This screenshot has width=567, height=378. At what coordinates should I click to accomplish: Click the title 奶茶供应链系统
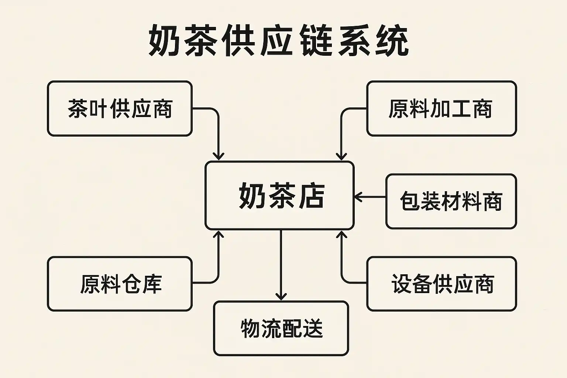[279, 41]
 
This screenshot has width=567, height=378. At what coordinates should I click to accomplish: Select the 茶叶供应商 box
[120, 109]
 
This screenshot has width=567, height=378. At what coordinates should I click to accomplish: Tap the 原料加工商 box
[441, 109]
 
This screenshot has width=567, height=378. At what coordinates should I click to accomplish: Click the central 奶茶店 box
[279, 196]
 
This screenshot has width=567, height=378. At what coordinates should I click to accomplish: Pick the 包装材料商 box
[451, 201]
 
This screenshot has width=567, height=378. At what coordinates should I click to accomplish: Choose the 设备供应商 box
[441, 283]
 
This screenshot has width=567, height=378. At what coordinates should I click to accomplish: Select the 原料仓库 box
[120, 283]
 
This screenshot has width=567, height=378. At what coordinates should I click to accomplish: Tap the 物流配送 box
[281, 328]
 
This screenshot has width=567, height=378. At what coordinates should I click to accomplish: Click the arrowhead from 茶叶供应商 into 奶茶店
[219, 156]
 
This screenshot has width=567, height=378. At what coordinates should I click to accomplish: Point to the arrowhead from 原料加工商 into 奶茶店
[341, 156]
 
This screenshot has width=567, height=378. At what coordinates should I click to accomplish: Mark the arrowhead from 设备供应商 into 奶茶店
[341, 235]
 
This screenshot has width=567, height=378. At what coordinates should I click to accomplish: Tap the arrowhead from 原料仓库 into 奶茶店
[219, 235]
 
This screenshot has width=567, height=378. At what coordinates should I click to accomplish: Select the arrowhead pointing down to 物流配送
[281, 296]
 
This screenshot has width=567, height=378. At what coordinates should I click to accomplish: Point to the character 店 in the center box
[312, 196]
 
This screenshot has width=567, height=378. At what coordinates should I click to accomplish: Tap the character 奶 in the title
[165, 41]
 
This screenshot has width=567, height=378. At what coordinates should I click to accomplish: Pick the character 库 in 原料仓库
[152, 283]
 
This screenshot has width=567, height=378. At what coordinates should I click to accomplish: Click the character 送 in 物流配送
[313, 328]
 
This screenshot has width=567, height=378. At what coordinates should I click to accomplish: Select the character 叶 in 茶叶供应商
[99, 109]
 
